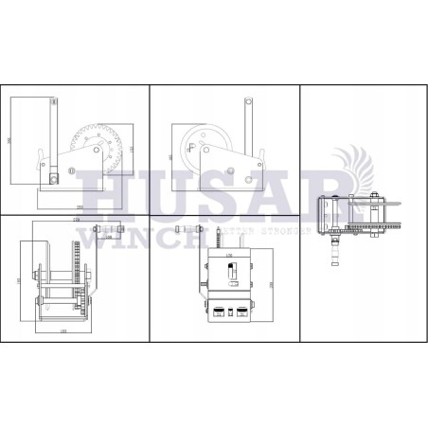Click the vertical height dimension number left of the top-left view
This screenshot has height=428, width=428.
click(x=11, y=140)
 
